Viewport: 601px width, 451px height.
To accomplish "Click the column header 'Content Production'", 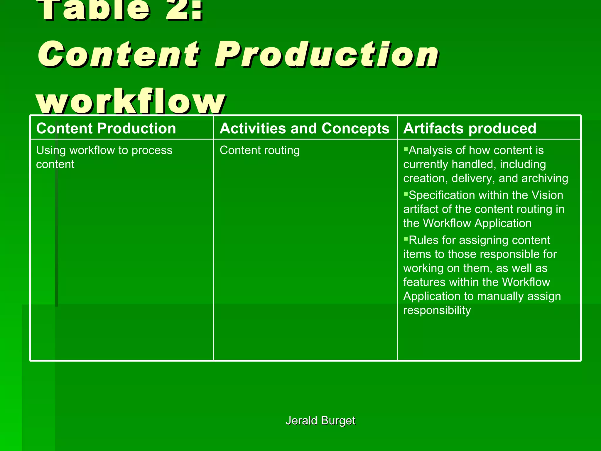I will pos(106,128).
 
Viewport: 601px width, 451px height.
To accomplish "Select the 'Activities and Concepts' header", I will pos(304,128).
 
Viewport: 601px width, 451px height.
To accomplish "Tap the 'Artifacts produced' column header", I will pos(470,128).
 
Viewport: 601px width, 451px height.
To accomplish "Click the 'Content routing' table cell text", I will pos(260,150).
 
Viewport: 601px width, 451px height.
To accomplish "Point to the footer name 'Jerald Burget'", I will pos(320,420).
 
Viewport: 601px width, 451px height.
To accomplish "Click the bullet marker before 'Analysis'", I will pos(406,149).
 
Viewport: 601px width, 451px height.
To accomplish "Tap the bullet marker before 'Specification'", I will pos(406,194).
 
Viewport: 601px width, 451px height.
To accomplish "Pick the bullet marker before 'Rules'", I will pos(406,239).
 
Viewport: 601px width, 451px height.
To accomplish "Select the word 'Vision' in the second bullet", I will pos(547,195).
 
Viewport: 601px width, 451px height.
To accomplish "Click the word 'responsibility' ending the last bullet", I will pos(437,310).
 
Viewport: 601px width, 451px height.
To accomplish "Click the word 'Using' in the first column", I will pos(51,150).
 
